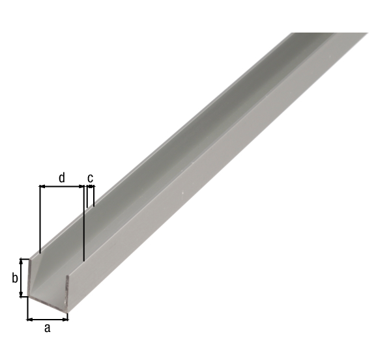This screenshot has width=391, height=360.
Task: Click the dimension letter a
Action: pos(48,328)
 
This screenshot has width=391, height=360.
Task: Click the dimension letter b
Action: pos(15,278)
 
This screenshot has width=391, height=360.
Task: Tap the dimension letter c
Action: pos(91,178)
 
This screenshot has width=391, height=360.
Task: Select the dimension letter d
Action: pos(62,178)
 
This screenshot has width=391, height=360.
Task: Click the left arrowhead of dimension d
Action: pos(42,186)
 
